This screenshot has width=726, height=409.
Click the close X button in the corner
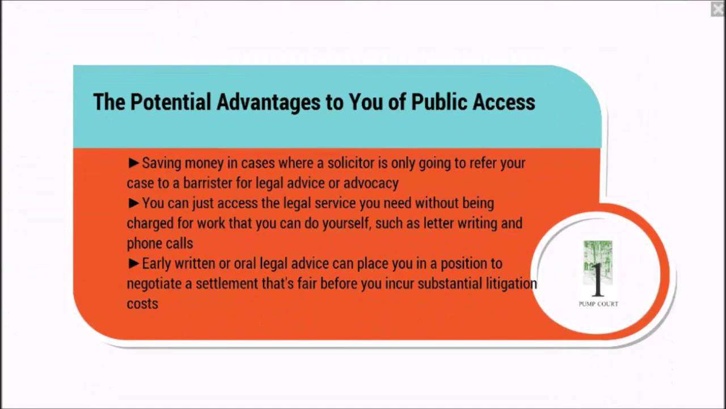717,9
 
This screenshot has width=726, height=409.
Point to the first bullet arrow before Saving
134,164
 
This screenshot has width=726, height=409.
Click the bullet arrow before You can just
134,203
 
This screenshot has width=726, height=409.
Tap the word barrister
212,183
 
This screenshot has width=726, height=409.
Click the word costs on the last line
142,304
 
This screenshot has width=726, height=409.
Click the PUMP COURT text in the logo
598,304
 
